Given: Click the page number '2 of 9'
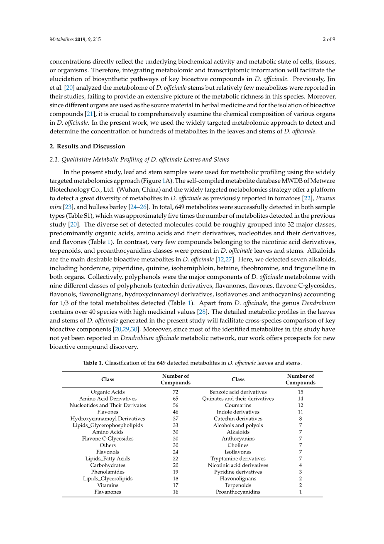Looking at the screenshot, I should (x=328, y=39).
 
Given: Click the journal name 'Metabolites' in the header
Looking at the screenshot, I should (x=61, y=39).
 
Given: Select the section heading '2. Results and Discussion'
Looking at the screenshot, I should (x=87, y=146).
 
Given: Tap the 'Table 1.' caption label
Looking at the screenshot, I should (x=93, y=363).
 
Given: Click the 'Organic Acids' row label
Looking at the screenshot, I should (x=108, y=392).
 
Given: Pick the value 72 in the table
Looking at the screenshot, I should (x=176, y=392).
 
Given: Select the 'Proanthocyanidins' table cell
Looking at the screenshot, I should (x=238, y=492).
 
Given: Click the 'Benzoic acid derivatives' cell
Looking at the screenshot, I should (x=238, y=392).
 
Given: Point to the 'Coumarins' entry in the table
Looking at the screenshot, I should (x=238, y=405).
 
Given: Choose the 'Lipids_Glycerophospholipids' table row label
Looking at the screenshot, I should (x=108, y=425).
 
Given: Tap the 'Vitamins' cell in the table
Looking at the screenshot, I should (x=108, y=485).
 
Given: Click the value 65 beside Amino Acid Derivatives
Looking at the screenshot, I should (x=176, y=399).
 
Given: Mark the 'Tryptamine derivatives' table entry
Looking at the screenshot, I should (x=238, y=458).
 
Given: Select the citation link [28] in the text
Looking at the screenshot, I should (x=203, y=312).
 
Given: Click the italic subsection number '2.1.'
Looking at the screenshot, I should (x=54, y=159).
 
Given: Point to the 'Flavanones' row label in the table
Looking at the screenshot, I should (x=108, y=492).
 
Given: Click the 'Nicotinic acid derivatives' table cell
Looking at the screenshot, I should (x=238, y=465).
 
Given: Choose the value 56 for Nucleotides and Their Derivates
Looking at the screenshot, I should (x=176, y=405).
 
